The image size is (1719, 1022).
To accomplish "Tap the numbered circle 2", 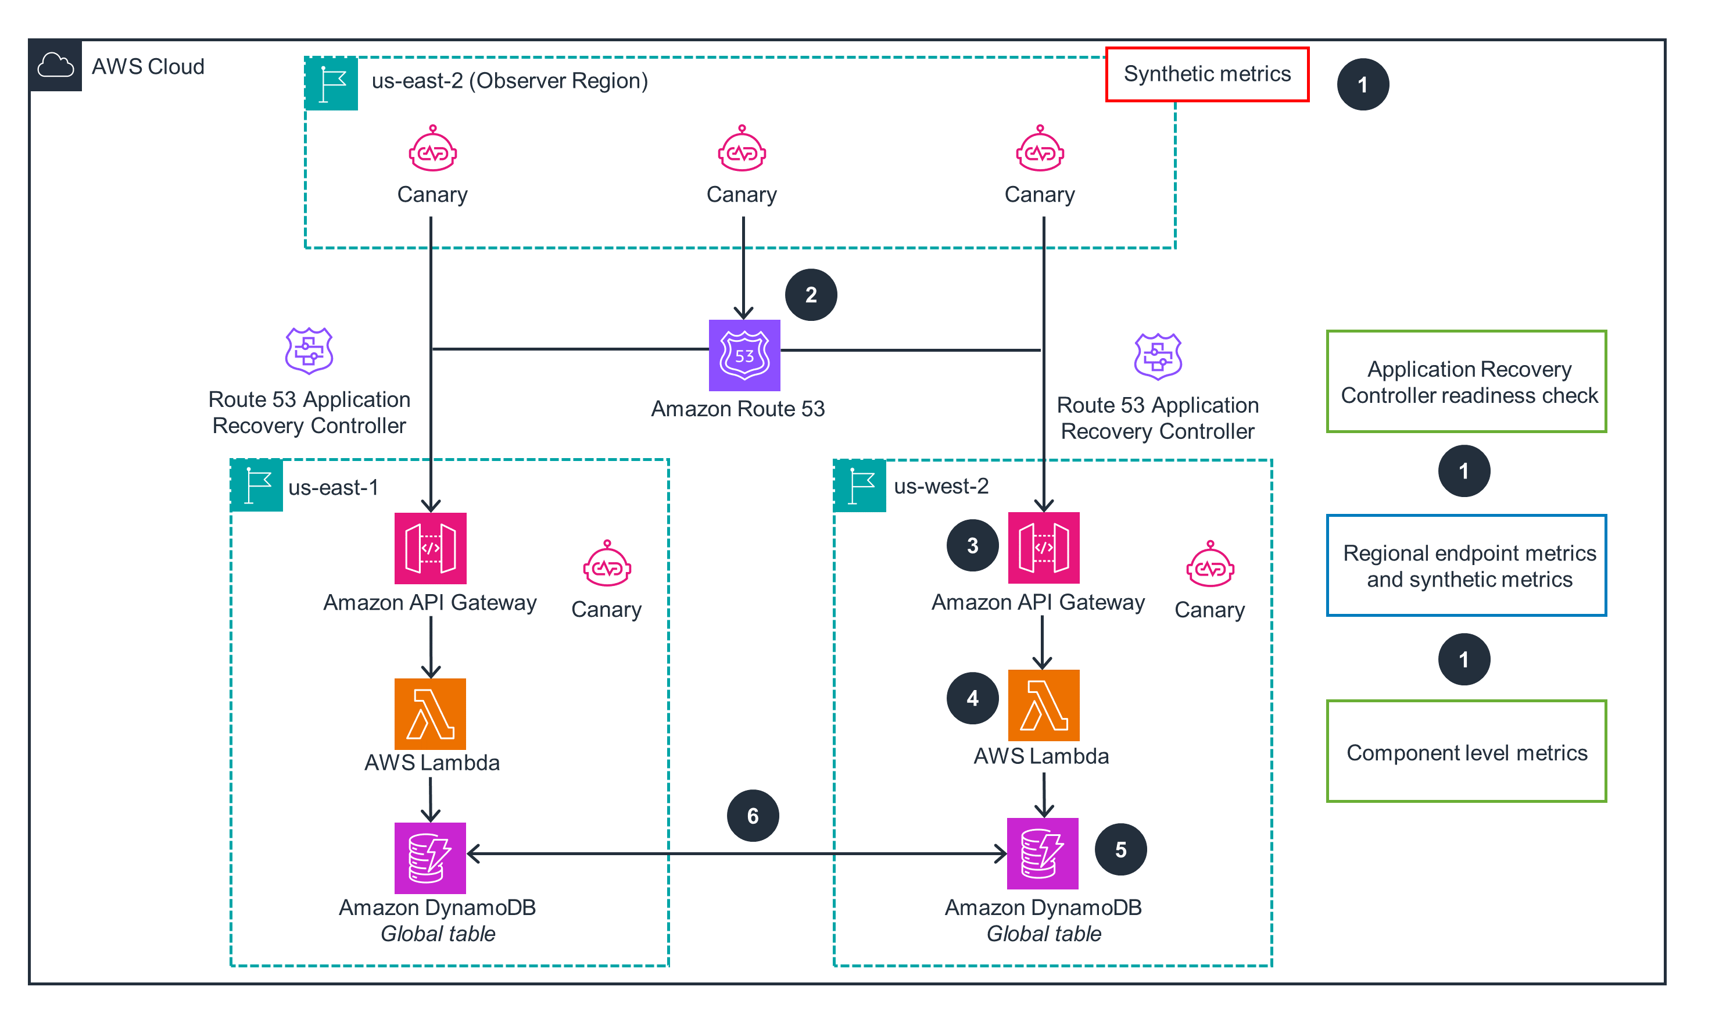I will pos(810,295).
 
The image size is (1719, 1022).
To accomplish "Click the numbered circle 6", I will pos(753,816).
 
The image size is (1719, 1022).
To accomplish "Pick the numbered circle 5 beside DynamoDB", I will pos(1120,849).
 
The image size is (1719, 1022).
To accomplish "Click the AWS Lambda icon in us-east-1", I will pos(429,713).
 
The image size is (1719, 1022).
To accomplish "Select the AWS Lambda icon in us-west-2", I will pos(1043,705).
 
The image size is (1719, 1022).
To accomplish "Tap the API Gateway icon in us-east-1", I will pos(429,548).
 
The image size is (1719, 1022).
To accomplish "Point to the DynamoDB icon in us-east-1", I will pos(429,857).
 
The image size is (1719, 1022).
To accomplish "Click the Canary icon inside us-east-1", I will pos(607,564).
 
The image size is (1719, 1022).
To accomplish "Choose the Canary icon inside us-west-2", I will pos(1209,564).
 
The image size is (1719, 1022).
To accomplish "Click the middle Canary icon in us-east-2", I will pos(742,149).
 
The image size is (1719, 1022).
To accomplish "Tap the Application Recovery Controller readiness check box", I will pos(1466,381).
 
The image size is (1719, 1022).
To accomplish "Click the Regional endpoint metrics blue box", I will pos(1466,566).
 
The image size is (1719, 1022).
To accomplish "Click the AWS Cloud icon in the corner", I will pos(55,66).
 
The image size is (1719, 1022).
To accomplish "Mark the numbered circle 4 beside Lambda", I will pos(972,698).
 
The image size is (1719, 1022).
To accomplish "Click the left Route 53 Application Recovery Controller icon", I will pos(309,351).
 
